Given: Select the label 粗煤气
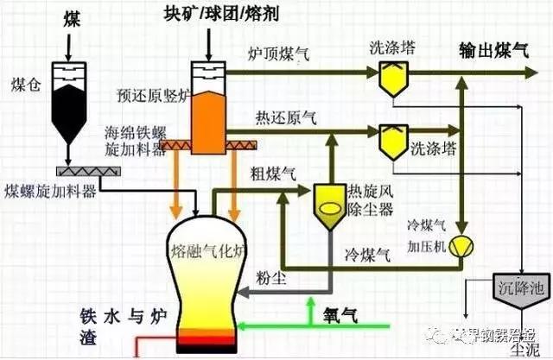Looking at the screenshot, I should click(270, 170).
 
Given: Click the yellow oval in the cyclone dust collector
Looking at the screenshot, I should click(329, 207).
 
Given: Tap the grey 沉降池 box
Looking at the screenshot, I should click(518, 286).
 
